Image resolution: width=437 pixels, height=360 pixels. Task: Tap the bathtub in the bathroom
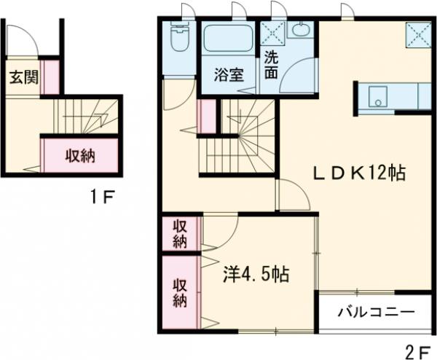click(228, 38)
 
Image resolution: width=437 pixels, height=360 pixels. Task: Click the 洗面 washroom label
click(270, 66)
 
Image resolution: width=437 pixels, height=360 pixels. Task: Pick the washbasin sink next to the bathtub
click(299, 31)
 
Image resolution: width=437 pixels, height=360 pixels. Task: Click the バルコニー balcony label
click(376, 312)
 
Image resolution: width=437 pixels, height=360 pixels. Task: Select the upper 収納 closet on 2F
click(180, 233)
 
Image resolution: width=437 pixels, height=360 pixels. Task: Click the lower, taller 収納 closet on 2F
click(180, 290)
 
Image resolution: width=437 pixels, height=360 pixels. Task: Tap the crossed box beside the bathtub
click(275, 33)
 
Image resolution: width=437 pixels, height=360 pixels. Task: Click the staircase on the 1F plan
click(80, 116)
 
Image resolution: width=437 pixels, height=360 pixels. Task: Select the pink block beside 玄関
click(49, 78)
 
